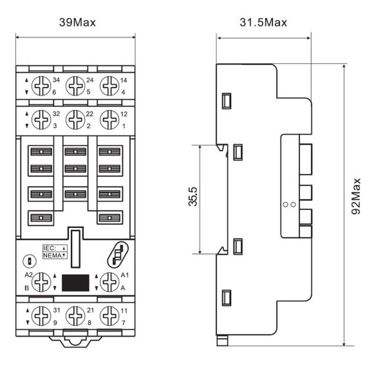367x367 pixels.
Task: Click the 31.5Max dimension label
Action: [263, 23]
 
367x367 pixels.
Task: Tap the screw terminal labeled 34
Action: [41, 85]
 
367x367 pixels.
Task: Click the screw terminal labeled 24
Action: [75, 85]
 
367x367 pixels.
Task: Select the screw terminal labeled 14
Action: [110, 85]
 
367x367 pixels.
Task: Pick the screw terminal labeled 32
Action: [41, 118]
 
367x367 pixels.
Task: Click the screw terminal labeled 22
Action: [75, 118]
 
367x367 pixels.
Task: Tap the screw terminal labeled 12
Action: [110, 118]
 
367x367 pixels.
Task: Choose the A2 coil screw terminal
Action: [41, 281]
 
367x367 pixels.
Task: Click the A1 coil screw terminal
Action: [110, 281]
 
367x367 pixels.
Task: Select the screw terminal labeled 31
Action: [41, 315]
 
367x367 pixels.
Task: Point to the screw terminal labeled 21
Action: [75, 315]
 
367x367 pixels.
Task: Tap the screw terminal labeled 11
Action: [110, 315]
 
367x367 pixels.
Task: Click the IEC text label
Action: [50, 248]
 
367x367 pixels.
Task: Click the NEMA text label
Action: [52, 256]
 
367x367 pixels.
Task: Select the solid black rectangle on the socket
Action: [75, 282]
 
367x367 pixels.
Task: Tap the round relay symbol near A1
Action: [117, 252]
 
